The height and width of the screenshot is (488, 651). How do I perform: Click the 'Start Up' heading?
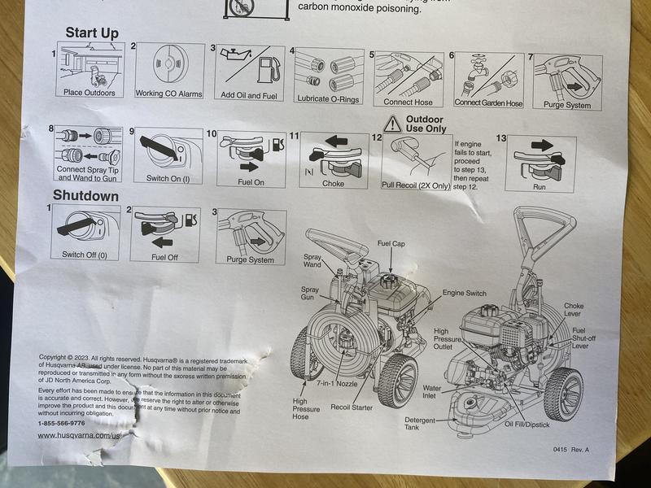[x=92, y=33]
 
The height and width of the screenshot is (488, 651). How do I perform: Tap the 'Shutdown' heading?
[x=85, y=196]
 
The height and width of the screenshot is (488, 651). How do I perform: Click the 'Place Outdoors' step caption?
[x=90, y=93]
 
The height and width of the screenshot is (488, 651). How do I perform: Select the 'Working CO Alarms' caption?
[x=168, y=94]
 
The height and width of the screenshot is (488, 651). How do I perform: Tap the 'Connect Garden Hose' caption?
[x=488, y=103]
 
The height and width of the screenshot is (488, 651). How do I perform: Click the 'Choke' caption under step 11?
[x=333, y=184]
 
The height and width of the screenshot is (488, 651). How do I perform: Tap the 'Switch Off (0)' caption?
[x=90, y=255]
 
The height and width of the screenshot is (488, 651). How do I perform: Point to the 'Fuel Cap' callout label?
[x=392, y=243]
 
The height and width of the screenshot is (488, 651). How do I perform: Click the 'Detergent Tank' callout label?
[x=422, y=425]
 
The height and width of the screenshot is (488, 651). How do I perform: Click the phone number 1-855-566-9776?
[x=62, y=423]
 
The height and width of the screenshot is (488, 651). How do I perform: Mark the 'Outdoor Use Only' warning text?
[x=426, y=123]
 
